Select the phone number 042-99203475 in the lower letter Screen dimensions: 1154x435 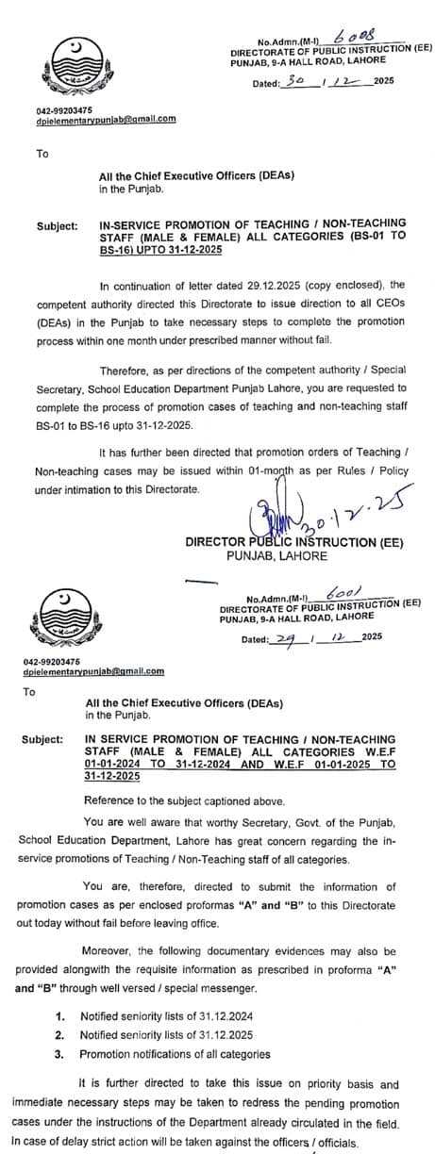[52, 661]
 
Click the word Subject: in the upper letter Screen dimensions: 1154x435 [57, 227]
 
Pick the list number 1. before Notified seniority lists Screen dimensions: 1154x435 [59, 1017]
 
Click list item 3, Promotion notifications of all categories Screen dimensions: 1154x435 [175, 1053]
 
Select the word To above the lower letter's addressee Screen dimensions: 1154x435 [28, 691]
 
